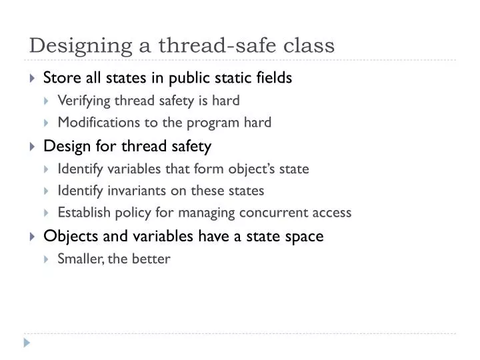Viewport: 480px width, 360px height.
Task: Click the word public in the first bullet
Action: click(x=189, y=78)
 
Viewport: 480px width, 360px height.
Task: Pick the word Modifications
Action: click(x=93, y=122)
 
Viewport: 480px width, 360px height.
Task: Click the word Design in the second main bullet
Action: click(x=63, y=146)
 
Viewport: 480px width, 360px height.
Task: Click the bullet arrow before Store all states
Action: click(x=33, y=79)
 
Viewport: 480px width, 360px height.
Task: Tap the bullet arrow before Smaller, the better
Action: click(x=47, y=259)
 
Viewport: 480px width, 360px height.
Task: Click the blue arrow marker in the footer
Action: click(x=27, y=343)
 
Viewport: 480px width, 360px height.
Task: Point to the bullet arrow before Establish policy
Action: click(x=47, y=213)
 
